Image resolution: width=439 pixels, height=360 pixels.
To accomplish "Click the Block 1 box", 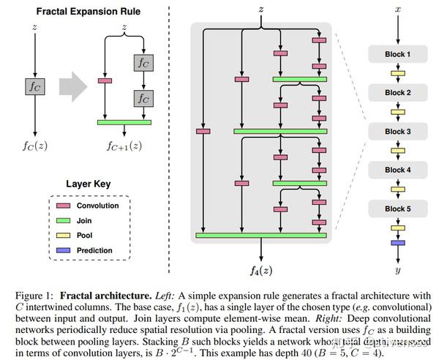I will pos(398,55).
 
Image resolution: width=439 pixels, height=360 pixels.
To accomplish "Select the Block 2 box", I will pos(398,93).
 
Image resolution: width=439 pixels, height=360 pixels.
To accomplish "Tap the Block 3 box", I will pos(398,132).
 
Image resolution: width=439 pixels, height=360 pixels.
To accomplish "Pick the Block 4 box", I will pos(398,170).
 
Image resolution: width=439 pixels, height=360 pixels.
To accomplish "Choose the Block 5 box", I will pos(398,208).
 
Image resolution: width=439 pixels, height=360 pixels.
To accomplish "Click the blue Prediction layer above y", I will pos(398,242).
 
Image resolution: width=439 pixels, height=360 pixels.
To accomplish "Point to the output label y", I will pos(398,269).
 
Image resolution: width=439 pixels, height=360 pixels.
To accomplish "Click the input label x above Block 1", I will pos(398,10).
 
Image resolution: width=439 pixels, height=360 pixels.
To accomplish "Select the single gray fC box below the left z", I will pos(33,86).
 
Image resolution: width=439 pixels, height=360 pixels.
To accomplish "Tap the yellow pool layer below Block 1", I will pos(398,74).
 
